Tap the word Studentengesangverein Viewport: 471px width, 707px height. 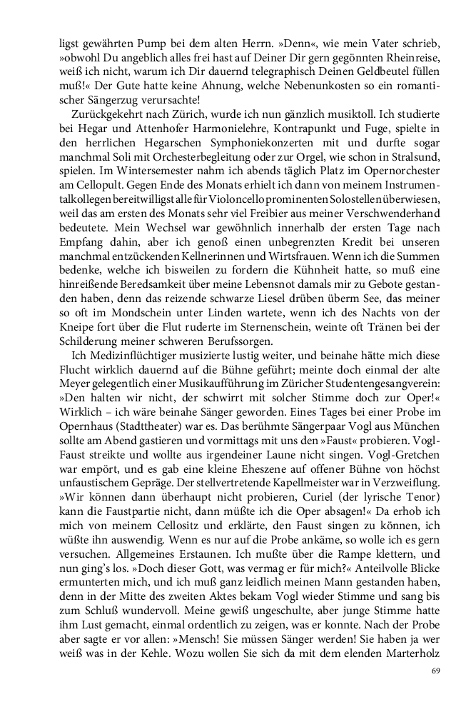[x=343, y=402]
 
